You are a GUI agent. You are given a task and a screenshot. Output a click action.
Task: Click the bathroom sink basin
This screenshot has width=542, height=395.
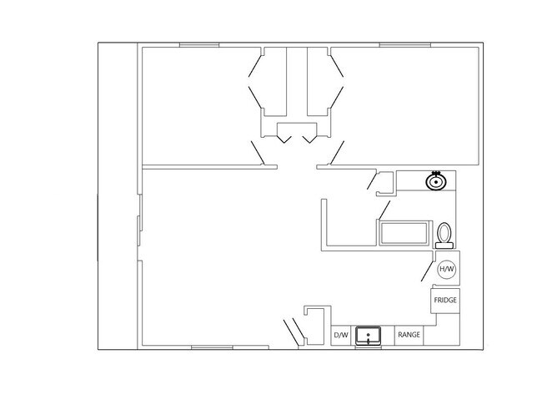(x=434, y=181)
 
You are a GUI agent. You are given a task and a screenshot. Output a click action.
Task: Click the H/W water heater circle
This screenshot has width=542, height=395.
(x=447, y=270)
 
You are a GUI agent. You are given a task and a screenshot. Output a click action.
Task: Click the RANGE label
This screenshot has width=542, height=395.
(x=409, y=336)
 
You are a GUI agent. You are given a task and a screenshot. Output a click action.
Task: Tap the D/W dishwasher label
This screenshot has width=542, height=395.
(x=340, y=336)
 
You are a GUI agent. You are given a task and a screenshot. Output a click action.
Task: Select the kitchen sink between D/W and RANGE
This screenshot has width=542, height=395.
(x=369, y=336)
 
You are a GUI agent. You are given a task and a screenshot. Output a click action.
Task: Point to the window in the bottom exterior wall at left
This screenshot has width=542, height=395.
(x=213, y=347)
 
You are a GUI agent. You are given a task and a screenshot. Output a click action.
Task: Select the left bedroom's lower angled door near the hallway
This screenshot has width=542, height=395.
(x=258, y=154)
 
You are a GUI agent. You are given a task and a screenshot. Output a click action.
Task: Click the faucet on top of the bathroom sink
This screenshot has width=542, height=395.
(x=434, y=174)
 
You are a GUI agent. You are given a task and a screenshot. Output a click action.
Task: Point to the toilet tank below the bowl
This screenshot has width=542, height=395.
(x=444, y=245)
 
